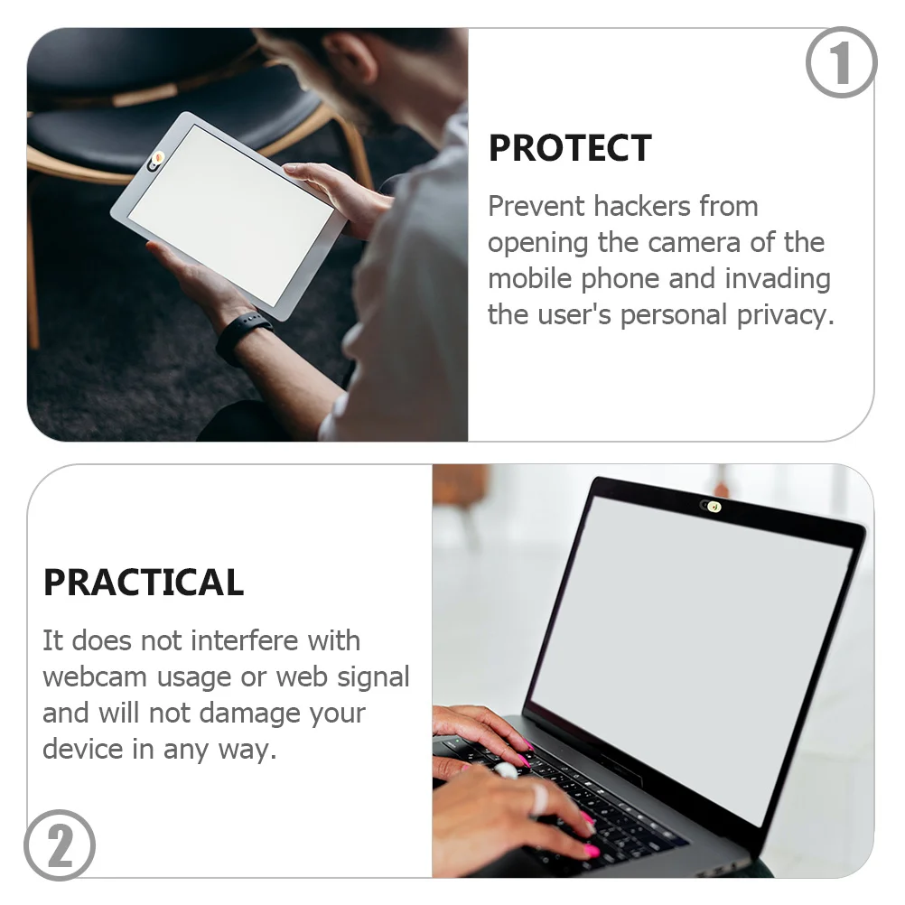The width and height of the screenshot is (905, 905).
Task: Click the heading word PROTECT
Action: (x=569, y=149)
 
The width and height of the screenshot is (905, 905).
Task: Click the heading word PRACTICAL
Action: (x=144, y=583)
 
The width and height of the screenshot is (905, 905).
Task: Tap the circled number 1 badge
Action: (x=841, y=62)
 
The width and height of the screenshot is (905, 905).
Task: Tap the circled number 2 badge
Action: (x=60, y=845)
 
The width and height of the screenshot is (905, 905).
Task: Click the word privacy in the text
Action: (x=785, y=315)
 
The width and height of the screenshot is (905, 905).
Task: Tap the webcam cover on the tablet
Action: (x=155, y=161)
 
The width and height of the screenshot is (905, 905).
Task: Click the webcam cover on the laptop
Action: (x=712, y=507)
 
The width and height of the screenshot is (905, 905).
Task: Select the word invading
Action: (x=777, y=279)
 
